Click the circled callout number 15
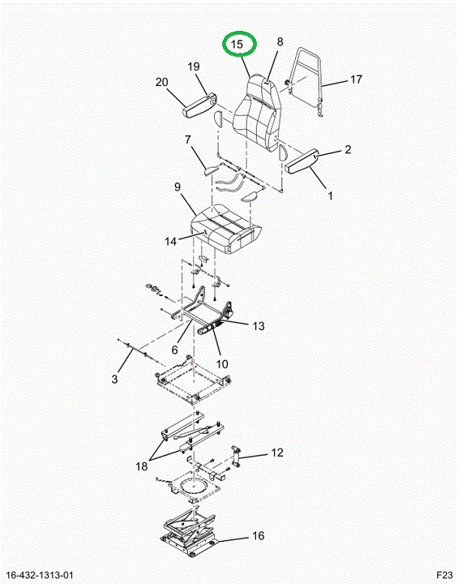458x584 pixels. (x=237, y=45)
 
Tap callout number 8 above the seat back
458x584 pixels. (x=280, y=41)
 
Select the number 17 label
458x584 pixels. (x=356, y=79)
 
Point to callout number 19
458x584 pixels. (x=193, y=67)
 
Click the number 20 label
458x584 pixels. (x=161, y=82)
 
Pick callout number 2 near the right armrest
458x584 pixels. (x=348, y=149)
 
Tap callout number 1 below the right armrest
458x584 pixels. (x=330, y=195)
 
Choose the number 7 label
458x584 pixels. (x=188, y=140)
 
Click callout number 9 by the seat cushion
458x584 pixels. (x=178, y=187)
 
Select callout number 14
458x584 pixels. (x=170, y=242)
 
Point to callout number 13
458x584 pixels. (x=258, y=326)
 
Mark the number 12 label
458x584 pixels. (x=277, y=453)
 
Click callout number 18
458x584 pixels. (x=142, y=466)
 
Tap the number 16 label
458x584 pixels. (x=258, y=536)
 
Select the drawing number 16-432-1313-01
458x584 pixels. (x=41, y=575)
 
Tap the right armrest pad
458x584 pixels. (x=302, y=161)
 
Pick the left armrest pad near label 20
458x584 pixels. (x=199, y=105)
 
